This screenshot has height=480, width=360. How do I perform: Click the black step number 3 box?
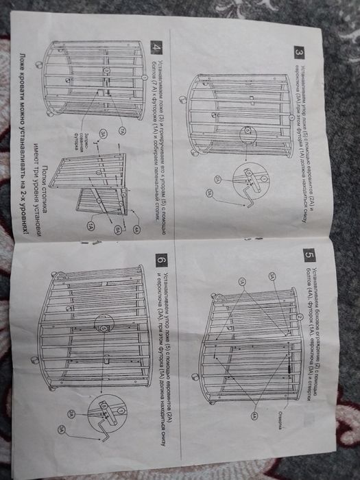299,51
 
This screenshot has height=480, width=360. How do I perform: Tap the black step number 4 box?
157,49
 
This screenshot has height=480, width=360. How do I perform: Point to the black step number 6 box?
160,261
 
